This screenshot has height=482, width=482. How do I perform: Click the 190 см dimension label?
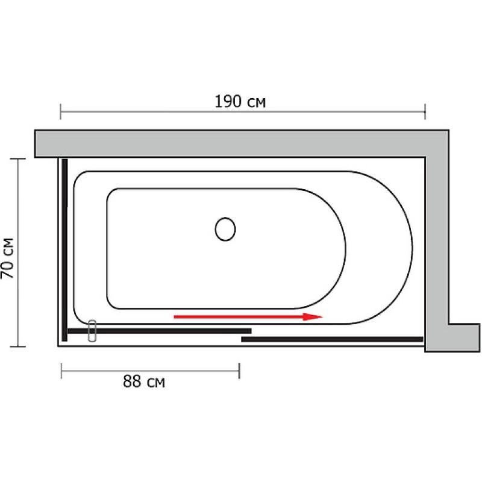[x=240, y=102]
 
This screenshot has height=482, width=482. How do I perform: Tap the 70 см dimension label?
[x=8, y=258]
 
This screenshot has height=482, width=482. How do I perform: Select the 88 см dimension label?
[x=144, y=382]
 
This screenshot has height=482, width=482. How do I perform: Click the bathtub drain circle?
[x=225, y=229]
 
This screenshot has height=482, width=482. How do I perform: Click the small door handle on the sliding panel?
[x=92, y=331]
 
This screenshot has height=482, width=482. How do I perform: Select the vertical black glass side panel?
[x=64, y=250]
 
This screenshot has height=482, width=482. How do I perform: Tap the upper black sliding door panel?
[x=160, y=331]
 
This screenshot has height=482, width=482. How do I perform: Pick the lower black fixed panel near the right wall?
[x=333, y=339]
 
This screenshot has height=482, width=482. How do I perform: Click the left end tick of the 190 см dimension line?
[x=61, y=111]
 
